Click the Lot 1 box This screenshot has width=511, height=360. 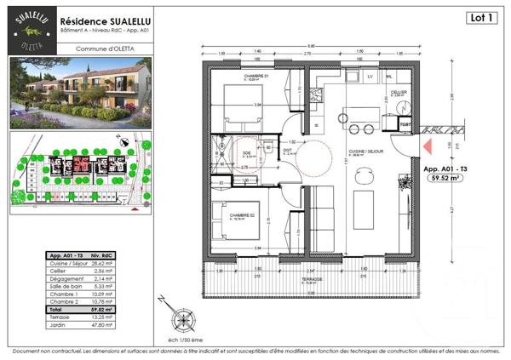pyautogui.click(x=482, y=17)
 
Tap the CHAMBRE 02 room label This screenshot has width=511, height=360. pyautogui.click(x=240, y=215)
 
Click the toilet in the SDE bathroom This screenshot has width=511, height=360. pyautogui.click(x=267, y=146)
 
